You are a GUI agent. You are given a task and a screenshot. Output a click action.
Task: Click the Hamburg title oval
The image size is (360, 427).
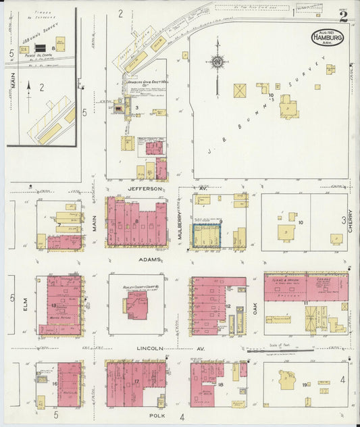tap(328, 37)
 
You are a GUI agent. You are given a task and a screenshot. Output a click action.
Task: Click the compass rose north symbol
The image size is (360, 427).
tap(217, 63)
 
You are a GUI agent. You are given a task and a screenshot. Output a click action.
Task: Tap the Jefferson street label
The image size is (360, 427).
tap(145, 189)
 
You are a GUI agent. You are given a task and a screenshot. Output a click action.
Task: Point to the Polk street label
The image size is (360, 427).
tap(156, 410)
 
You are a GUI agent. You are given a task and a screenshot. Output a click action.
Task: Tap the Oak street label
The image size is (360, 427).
tap(256, 307)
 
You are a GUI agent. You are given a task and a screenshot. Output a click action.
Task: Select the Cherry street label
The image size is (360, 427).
tap(351, 221)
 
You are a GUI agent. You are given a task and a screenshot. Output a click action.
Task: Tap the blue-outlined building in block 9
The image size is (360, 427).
tap(207, 237)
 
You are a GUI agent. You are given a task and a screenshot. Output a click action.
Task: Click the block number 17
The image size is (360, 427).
tap(136, 382)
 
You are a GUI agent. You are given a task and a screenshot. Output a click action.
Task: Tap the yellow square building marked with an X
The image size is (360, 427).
tap(240, 90)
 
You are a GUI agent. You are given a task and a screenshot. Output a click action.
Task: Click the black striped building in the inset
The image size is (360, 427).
tap(41, 48)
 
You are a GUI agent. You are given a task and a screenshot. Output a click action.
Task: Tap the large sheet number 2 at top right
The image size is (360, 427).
tap(344, 17)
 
